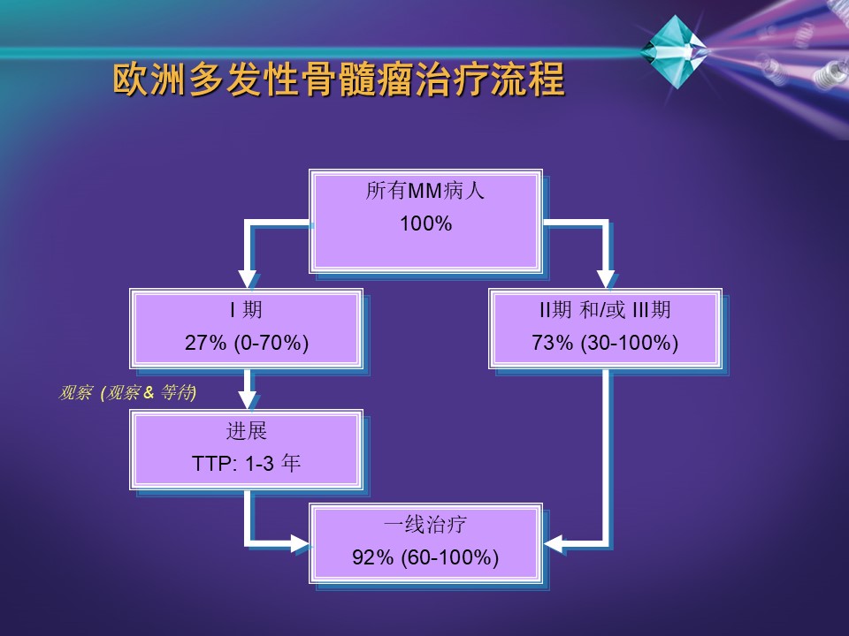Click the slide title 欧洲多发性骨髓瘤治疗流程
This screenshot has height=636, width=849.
pos(339,79)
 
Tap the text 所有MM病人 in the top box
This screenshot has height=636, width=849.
pos(425,191)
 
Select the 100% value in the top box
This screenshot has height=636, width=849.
pos(425,223)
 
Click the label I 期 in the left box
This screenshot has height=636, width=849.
pos(247,310)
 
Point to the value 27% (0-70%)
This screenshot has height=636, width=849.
pos(247,343)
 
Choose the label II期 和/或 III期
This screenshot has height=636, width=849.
pos(605,310)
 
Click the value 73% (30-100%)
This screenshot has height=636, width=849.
pos(605,343)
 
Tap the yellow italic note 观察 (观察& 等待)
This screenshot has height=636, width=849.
pos(127,392)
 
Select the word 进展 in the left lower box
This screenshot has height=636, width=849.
pos(247,431)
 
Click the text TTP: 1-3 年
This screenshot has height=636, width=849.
pos(247,464)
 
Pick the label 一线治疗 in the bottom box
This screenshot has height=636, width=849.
pos(425,524)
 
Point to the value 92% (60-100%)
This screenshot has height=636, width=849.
pos(425,557)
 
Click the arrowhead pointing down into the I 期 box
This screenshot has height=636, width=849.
pos(248,279)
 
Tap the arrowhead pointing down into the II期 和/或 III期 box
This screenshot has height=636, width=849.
pos(606,279)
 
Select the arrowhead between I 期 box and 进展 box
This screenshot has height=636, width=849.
pos(248,400)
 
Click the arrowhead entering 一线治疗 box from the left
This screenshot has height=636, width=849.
pos(300,543)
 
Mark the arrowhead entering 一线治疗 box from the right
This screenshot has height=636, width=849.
pos(554,543)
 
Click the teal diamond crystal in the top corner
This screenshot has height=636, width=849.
pos(675,51)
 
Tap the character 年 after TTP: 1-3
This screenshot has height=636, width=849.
pos(291,464)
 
